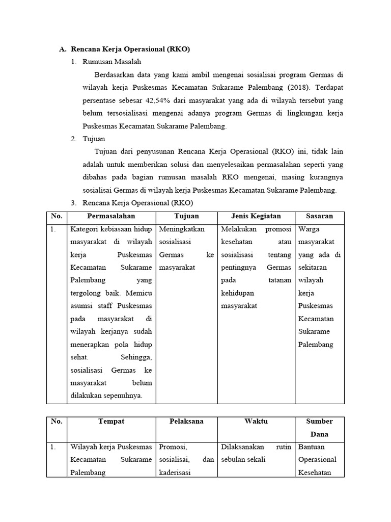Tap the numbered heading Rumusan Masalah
(112, 62)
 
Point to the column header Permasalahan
(111, 216)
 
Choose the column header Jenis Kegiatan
(256, 216)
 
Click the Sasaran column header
(320, 216)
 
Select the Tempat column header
(111, 422)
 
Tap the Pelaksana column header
(186, 422)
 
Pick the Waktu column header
(256, 422)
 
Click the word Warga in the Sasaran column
(309, 229)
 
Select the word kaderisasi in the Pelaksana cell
(175, 473)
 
